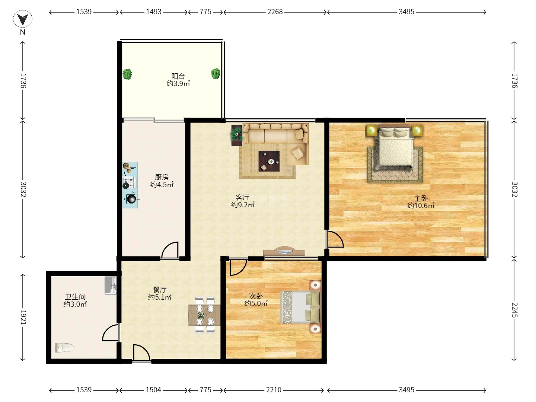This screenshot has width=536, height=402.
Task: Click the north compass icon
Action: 23,19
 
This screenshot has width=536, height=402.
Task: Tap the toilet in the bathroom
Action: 64,347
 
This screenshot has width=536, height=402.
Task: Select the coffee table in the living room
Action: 269,161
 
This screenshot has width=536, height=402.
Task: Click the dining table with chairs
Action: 204,315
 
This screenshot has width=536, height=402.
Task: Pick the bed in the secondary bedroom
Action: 301,307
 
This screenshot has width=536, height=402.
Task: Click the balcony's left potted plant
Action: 127,74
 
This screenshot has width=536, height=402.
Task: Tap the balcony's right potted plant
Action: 216,73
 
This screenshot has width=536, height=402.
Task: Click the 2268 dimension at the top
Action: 275,12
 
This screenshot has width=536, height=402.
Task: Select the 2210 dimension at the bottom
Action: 274,390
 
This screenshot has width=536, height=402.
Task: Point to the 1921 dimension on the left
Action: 23,317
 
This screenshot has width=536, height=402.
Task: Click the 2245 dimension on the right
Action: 514,310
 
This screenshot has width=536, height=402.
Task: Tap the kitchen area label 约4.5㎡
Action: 162,185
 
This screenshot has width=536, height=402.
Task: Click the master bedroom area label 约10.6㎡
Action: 421,205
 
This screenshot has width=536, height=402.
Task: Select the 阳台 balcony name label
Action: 178,76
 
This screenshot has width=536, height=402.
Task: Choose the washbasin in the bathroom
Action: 111,285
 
